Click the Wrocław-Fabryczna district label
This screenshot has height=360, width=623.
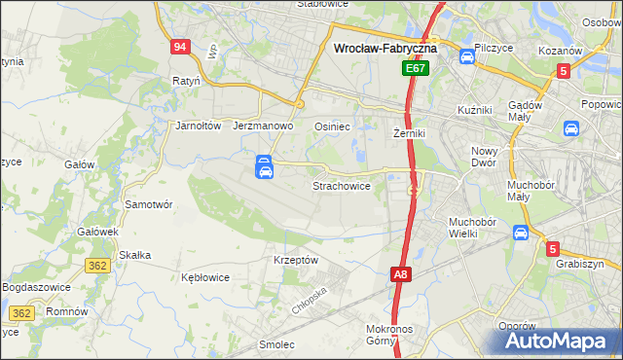point(385,47)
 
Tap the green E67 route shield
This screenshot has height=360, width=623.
point(417,69)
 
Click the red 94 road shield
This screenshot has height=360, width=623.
point(179,48)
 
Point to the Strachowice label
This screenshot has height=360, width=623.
point(341,185)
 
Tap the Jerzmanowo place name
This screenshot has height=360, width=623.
point(264,126)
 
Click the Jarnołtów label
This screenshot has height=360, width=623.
point(199,126)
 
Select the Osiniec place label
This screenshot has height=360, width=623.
point(332,126)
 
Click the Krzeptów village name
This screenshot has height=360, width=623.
point(296,260)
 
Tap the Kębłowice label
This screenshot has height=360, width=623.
point(205,277)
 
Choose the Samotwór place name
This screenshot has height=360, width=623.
point(149,204)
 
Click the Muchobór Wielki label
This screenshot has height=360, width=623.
point(472,228)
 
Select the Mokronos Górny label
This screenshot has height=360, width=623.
point(397,336)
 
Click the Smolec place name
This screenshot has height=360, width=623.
point(275,344)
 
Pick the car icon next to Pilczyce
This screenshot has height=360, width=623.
point(467,56)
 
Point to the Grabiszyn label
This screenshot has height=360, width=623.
point(580,264)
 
